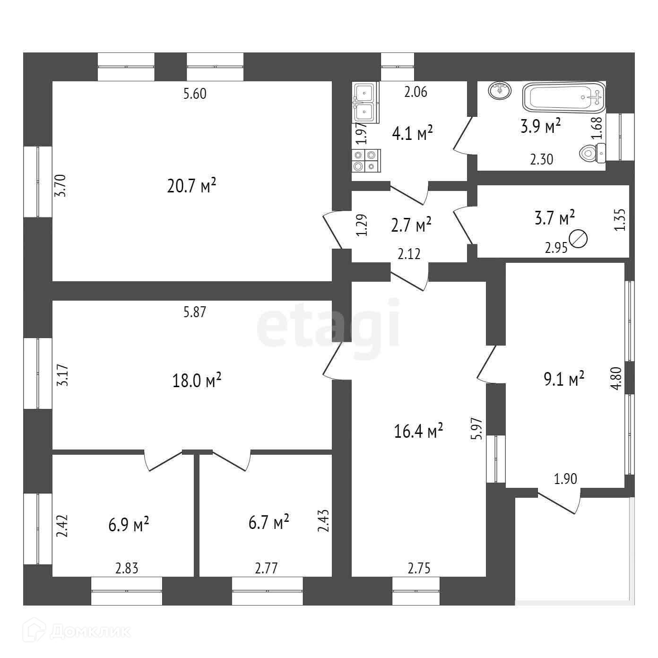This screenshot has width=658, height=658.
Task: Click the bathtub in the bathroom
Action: point(563,97)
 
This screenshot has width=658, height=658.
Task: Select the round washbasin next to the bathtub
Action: point(500,90)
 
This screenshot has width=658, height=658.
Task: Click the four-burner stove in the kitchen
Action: point(366,160)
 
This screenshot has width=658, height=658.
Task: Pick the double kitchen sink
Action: point(365,103)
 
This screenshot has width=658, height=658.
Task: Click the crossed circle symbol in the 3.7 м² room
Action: point(579,239)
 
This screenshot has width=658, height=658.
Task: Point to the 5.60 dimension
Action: point(195,94)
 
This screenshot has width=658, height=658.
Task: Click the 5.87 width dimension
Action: point(195,312)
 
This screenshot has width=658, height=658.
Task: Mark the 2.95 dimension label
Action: point(555,249)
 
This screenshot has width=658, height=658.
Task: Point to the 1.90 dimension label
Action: point(565,479)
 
